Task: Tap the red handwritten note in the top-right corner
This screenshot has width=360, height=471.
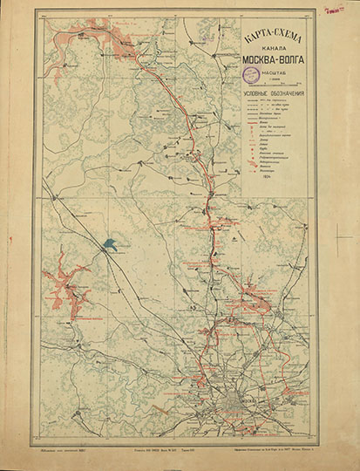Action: point(332,10)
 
